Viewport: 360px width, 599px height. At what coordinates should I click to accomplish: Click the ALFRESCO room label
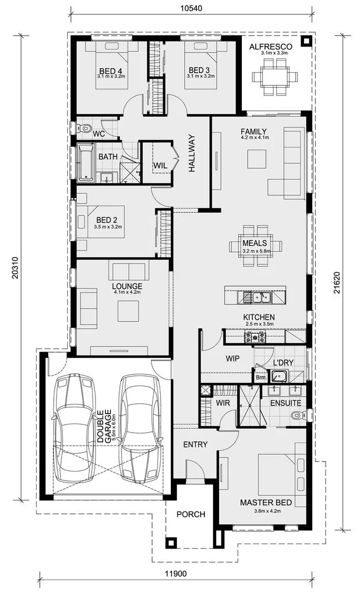267,47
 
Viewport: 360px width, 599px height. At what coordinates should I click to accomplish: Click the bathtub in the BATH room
85,163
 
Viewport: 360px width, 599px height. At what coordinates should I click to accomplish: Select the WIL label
160,165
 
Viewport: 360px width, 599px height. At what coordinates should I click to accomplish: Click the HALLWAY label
192,154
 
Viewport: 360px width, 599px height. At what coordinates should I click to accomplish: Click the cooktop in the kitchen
255,337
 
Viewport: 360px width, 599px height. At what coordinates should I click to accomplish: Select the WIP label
232,359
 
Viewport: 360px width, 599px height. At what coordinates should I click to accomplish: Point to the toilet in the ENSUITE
297,414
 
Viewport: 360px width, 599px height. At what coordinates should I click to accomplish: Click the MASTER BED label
266,502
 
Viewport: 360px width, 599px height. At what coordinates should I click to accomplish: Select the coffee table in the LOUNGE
128,311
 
